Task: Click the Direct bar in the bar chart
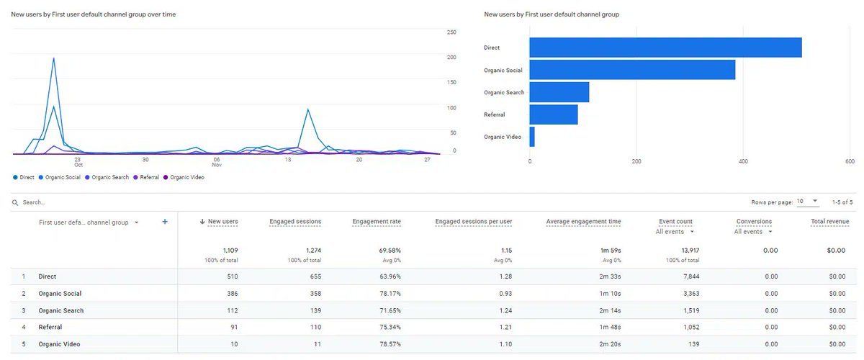pyautogui.click(x=665, y=48)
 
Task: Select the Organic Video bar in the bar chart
pyautogui.click(x=532, y=137)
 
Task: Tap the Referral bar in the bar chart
pyautogui.click(x=554, y=114)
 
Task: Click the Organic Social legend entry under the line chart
pyautogui.click(x=60, y=177)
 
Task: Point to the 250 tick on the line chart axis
pyautogui.click(x=451, y=32)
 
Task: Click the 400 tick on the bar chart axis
pyautogui.click(x=743, y=161)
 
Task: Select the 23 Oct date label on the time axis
pyautogui.click(x=78, y=163)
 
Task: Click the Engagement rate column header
pyautogui.click(x=377, y=222)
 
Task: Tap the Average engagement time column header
pyautogui.click(x=583, y=222)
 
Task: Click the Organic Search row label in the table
pyautogui.click(x=61, y=311)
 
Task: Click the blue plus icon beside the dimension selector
pyautogui.click(x=165, y=222)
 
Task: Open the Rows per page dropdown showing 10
pyautogui.click(x=808, y=202)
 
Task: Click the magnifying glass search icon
pyautogui.click(x=15, y=203)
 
